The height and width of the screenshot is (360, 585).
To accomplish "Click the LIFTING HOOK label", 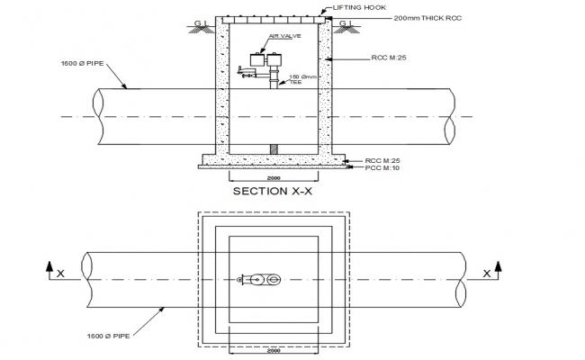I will (x=358, y=7).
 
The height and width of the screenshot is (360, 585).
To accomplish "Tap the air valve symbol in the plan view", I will (x=261, y=280).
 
